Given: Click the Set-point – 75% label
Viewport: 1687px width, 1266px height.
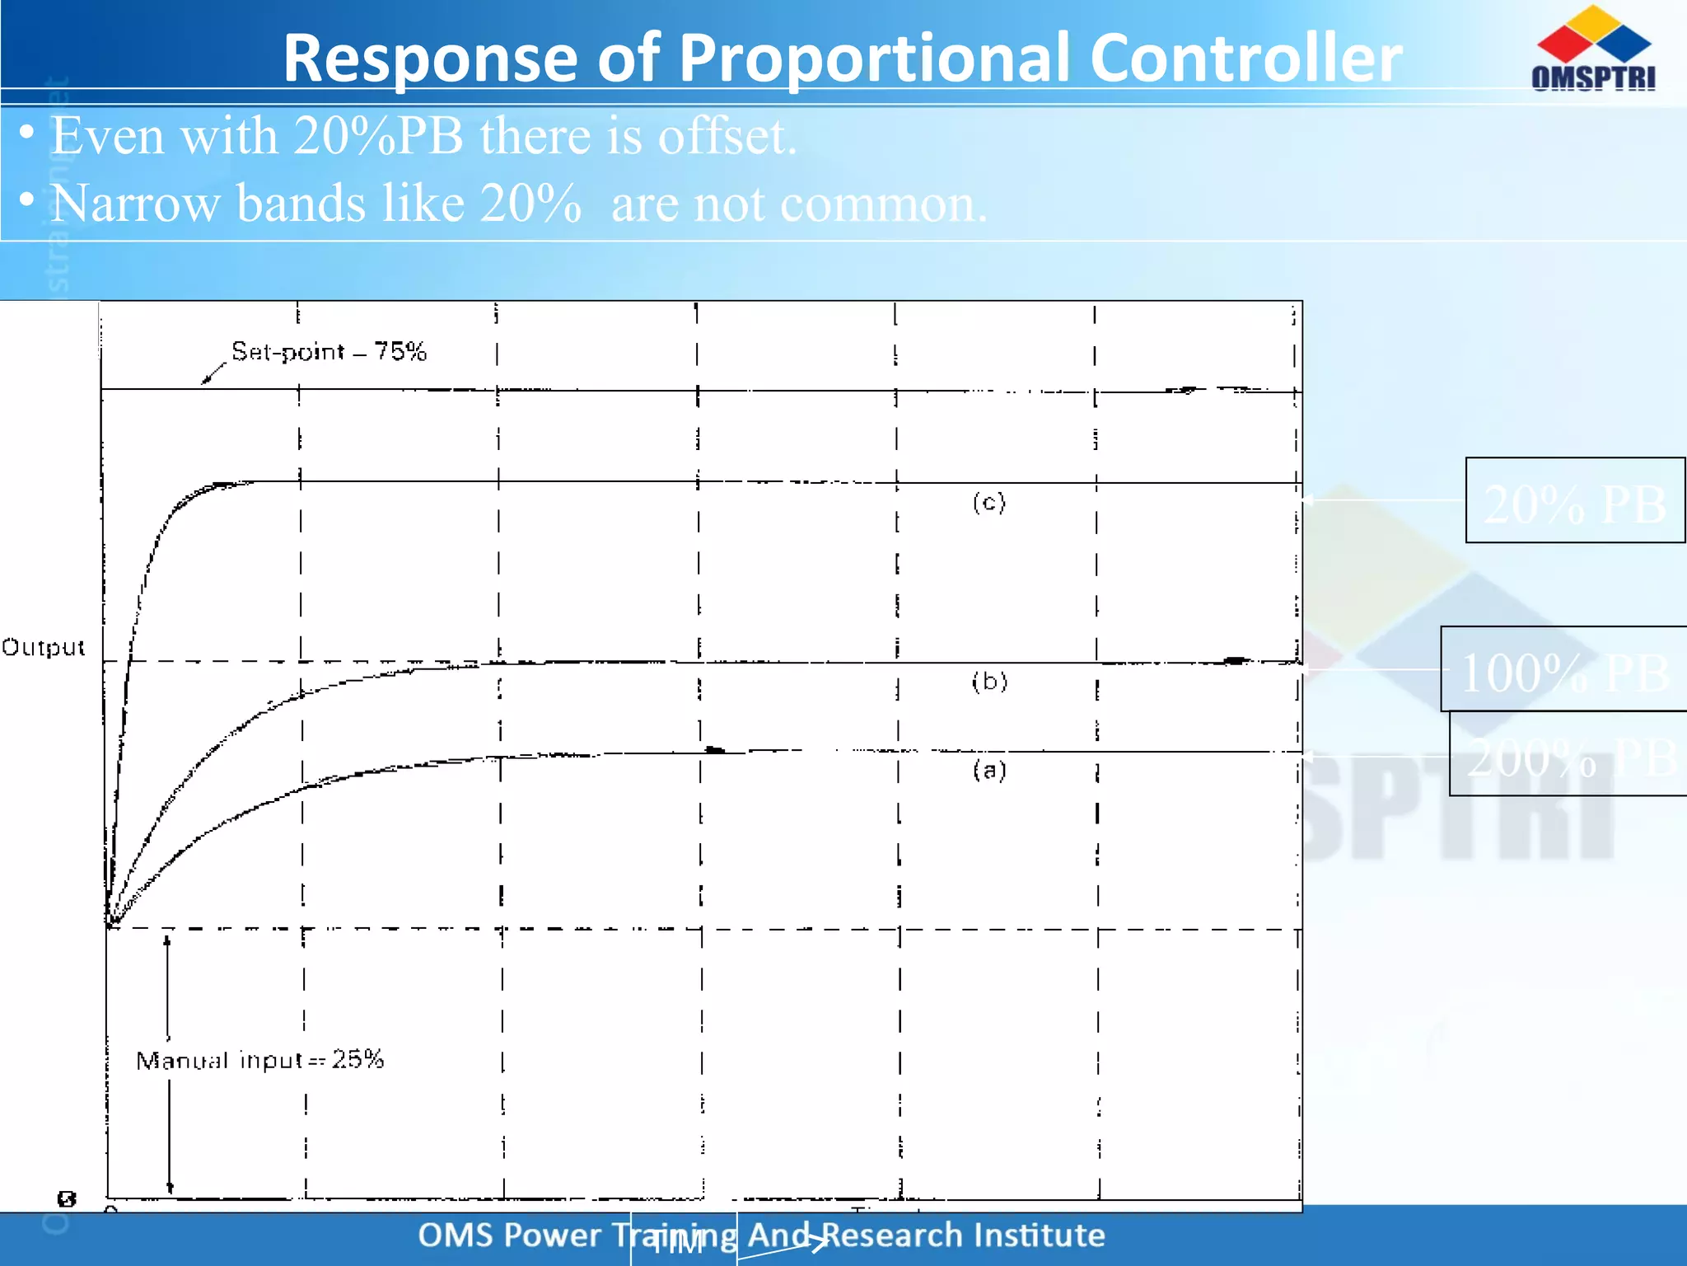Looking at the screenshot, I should (329, 352).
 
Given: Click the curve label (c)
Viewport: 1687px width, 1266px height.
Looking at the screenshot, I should (988, 502).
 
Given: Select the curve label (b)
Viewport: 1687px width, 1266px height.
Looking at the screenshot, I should (988, 682).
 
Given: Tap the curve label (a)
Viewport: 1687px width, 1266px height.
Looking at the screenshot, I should (988, 771).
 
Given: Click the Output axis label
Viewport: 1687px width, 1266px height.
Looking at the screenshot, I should (43, 648).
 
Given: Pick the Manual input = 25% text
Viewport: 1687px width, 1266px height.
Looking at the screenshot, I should (259, 1060).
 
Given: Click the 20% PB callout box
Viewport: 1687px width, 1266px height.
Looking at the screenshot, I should (1574, 501).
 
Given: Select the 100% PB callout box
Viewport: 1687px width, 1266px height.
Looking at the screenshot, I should (1563, 670).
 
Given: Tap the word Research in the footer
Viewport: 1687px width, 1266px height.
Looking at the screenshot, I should (892, 1235).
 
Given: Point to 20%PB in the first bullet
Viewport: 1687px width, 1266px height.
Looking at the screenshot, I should (378, 136).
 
